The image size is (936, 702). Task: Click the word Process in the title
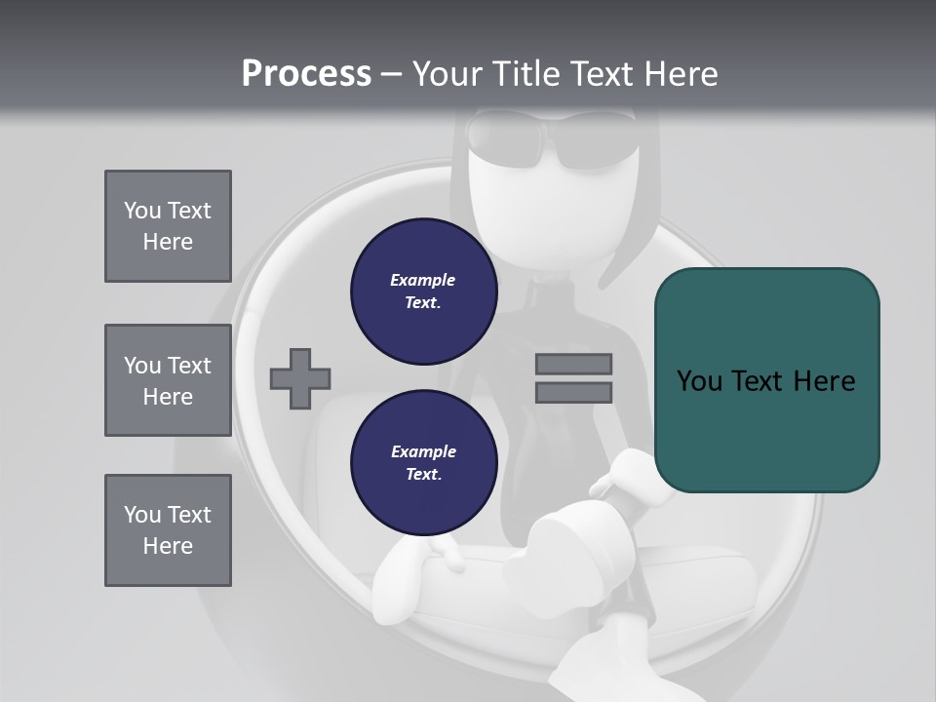click(306, 74)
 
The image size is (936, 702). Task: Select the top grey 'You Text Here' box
click(168, 226)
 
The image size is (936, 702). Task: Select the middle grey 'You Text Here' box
click(168, 380)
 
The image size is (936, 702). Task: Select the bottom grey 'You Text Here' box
click(168, 530)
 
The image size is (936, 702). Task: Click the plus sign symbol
click(300, 378)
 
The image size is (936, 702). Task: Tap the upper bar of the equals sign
click(573, 364)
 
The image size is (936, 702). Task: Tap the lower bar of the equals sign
click(573, 392)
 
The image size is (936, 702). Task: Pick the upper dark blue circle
click(423, 292)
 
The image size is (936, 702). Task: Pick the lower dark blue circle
click(423, 463)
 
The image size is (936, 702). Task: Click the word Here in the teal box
click(824, 381)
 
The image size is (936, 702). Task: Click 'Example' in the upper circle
click(423, 280)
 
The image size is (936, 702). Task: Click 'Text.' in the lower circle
click(423, 475)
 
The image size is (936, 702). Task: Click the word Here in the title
click(682, 74)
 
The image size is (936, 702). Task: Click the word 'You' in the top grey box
click(141, 211)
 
